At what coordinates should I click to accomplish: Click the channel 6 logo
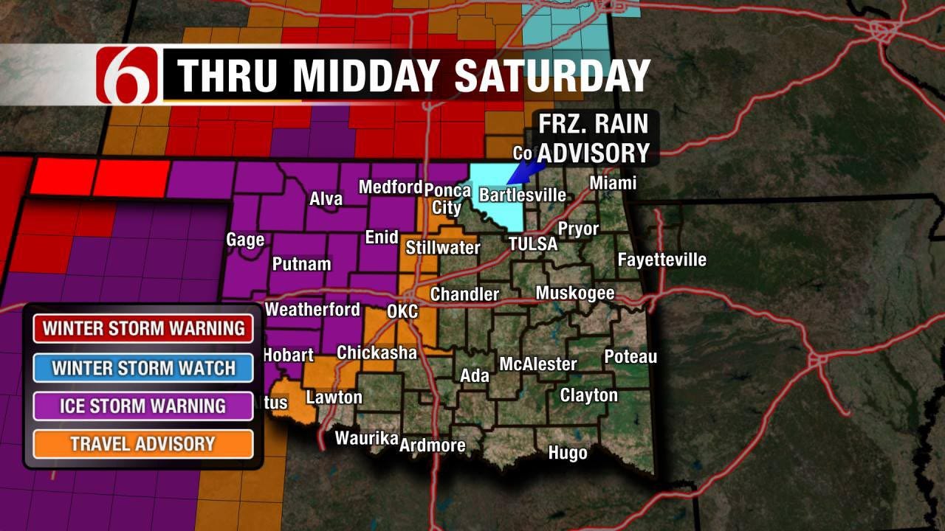tap(127, 74)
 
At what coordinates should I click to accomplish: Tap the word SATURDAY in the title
tap(552, 74)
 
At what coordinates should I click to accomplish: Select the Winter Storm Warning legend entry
tap(143, 329)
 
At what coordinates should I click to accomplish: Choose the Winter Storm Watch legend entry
tap(143, 367)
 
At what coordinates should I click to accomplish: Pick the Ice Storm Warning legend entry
tap(143, 406)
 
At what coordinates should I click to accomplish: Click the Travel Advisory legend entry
tap(143, 444)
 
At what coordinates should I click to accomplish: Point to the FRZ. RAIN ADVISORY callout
tap(593, 138)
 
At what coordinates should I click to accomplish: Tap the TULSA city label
tap(532, 244)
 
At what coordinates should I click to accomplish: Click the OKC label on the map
tap(402, 311)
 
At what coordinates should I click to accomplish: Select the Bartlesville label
tap(523, 195)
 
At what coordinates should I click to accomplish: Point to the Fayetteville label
tap(661, 260)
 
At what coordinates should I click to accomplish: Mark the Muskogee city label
tap(575, 294)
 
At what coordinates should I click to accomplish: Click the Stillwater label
tap(443, 248)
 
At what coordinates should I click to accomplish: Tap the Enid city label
tap(382, 237)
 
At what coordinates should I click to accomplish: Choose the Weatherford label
tap(312, 310)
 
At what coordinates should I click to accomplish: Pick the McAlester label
tap(538, 364)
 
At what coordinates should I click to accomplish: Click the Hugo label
tap(568, 453)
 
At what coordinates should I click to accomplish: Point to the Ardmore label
tap(433, 445)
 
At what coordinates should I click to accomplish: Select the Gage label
tap(245, 240)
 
